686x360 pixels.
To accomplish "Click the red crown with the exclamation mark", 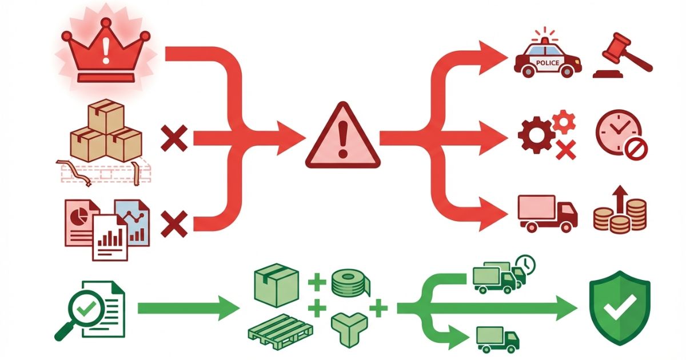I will pos(105,51).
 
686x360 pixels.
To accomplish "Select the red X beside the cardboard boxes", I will pos(175,139).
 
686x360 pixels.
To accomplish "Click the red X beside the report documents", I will pos(175,223).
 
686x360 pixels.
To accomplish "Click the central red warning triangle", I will pos(342,137).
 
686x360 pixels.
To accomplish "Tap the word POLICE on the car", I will pos(548,63).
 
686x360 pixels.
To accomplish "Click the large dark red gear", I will pos(534,134).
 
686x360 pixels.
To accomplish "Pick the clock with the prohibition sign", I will pos(619,135).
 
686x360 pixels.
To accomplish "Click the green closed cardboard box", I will pos(276,285).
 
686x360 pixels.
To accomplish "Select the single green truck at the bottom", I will pos(497,339).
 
